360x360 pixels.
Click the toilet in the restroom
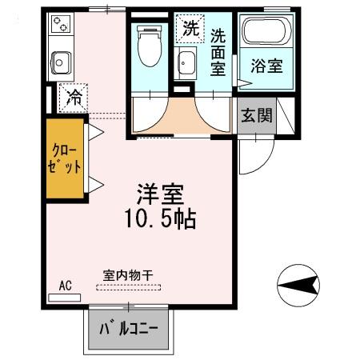click(149, 48)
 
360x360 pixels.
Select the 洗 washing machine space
click(190, 30)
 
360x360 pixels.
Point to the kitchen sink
click(60, 61)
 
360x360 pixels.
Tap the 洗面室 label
click(218, 52)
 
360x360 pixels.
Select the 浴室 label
click(266, 66)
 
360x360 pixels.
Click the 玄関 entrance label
click(256, 114)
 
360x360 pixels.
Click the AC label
click(66, 284)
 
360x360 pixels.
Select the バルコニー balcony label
click(128, 329)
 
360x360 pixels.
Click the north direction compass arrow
click(298, 283)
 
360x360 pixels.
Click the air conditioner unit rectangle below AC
click(65, 296)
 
